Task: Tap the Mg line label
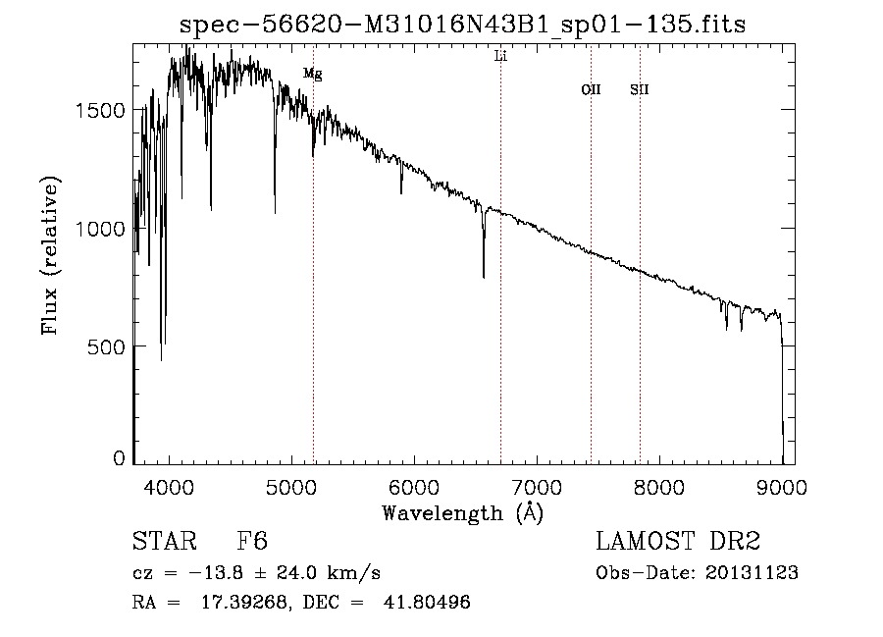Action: click(x=312, y=74)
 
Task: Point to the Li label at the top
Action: click(x=500, y=56)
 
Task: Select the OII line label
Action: click(x=591, y=90)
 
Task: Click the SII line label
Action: click(x=640, y=90)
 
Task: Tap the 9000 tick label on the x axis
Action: click(x=782, y=486)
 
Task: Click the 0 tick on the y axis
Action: click(x=119, y=458)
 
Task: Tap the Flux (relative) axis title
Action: click(x=50, y=255)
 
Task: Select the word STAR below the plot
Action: click(x=160, y=542)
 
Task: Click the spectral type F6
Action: click(x=252, y=542)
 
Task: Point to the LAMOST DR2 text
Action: click(x=678, y=542)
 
